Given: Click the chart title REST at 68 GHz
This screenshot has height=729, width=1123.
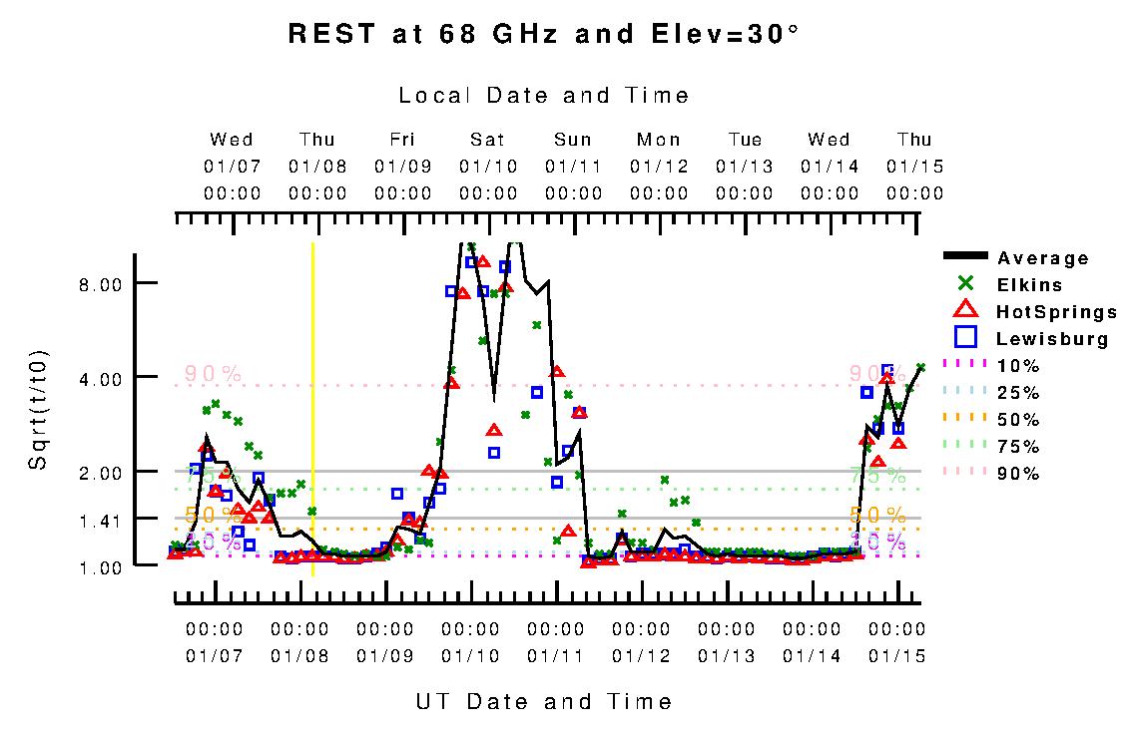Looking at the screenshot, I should coord(543,34).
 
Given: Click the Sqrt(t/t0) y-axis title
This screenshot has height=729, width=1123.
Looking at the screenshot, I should coord(38,409).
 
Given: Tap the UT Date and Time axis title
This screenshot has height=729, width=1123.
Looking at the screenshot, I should coord(543,702).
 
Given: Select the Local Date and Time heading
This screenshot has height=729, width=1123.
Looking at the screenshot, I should coord(543,96).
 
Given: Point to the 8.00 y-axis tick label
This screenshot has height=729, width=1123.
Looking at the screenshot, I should coord(100,284).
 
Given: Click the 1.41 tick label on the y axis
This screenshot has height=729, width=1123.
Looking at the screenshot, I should coord(100,520).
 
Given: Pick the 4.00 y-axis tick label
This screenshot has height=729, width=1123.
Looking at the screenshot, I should coord(100,378).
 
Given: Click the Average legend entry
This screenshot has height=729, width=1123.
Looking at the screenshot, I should coord(1042,258).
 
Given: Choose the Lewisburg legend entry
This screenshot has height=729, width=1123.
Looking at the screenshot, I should coord(1052,339).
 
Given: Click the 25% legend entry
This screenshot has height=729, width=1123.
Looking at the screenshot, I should coord(1018,393).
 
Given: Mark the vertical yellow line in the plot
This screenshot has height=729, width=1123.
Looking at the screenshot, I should coord(312,399).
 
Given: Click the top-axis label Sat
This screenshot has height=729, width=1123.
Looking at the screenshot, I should coord(488,140).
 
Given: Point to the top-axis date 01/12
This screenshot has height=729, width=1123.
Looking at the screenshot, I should coord(659,167).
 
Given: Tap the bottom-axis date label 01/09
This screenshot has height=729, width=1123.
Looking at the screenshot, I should coord(385,656).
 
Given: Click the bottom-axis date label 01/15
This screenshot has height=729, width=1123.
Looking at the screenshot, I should coord(897,656).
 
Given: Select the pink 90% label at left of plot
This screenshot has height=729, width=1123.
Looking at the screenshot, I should coord(213,373).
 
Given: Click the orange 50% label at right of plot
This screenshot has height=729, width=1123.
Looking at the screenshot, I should coord(877,515).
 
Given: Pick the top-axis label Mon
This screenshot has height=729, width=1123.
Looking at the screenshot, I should coord(659,140).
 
